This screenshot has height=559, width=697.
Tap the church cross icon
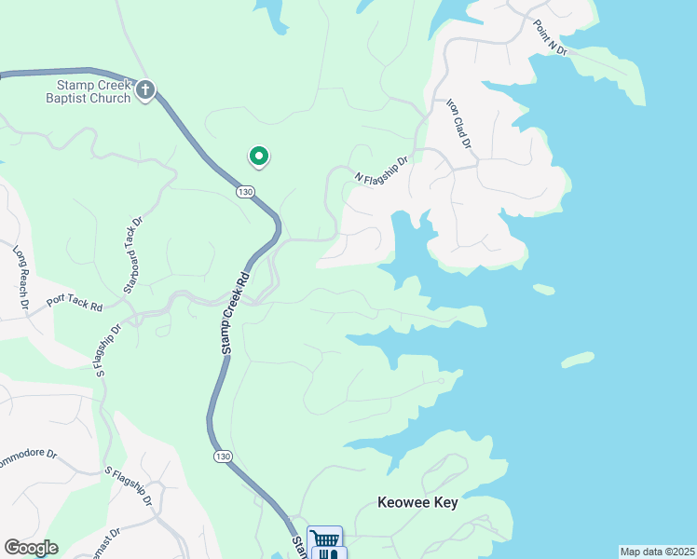tap(145, 90)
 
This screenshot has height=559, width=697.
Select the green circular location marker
tap(258, 157)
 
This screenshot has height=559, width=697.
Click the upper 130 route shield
tap(245, 191)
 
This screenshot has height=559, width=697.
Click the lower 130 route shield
tap(221, 456)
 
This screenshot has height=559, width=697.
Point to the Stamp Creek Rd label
tap(236, 311)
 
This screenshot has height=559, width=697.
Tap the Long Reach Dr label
tap(21, 277)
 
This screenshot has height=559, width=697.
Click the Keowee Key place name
tap(418, 502)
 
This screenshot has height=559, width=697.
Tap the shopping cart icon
tap(324, 539)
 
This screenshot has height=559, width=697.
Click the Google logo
tap(31, 548)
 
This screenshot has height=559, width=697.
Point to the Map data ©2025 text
tap(657, 552)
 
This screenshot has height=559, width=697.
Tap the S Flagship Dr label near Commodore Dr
tap(128, 485)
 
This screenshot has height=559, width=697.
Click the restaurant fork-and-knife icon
tap(327, 554)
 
